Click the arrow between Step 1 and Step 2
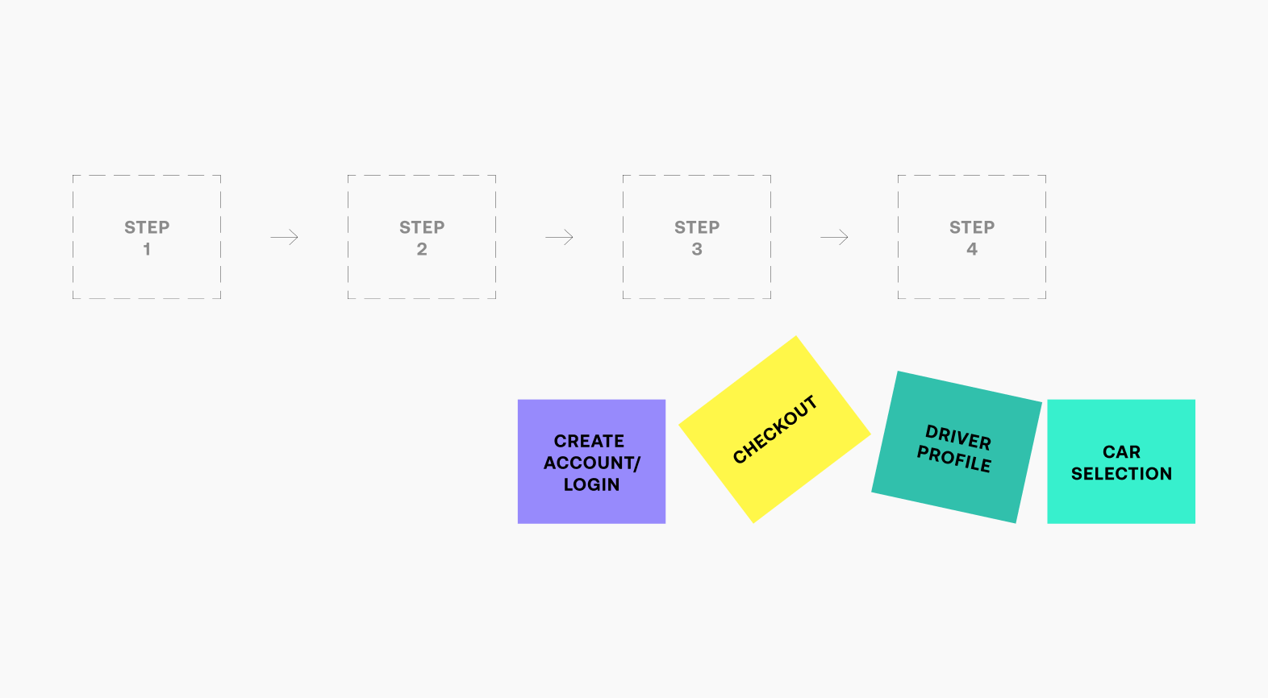284,237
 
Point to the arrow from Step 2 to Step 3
559,237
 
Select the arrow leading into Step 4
834,237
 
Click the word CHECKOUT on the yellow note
775,430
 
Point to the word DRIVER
958,437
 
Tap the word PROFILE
954,458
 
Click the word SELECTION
1121,473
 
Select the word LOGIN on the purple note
591,484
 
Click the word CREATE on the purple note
589,441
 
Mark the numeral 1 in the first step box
147,249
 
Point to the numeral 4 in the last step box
972,249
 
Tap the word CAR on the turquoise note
1121,452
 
